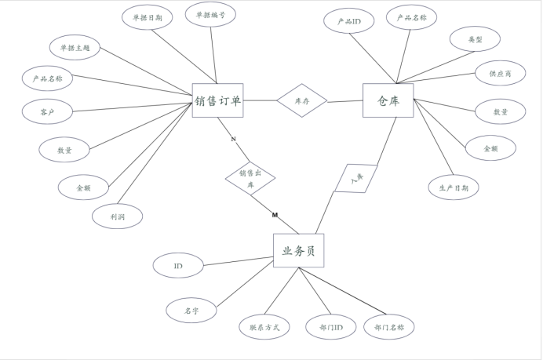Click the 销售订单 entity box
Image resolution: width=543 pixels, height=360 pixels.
pyautogui.click(x=217, y=100)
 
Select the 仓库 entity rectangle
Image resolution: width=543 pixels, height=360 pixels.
pyautogui.click(x=388, y=100)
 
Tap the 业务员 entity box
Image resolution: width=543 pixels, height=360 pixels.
pyautogui.click(x=298, y=251)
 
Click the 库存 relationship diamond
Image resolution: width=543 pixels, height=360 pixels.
pyautogui.click(x=302, y=100)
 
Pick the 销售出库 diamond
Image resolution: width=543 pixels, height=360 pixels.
pyautogui.click(x=250, y=179)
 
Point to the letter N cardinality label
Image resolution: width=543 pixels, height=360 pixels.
pyautogui.click(x=233, y=139)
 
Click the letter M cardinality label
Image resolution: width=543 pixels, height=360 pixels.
pyautogui.click(x=275, y=215)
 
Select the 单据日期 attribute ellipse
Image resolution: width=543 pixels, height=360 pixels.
pyautogui.click(x=148, y=17)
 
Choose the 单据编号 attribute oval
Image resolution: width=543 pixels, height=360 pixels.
pyautogui.click(x=210, y=14)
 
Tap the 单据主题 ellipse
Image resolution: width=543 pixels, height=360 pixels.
pyautogui.click(x=75, y=47)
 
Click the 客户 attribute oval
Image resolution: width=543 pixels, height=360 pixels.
pyautogui.click(x=47, y=111)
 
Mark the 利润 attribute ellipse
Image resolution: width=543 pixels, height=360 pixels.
pyautogui.click(x=118, y=215)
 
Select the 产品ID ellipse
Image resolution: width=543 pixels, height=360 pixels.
pyautogui.click(x=348, y=20)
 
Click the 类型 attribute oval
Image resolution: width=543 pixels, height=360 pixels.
pyautogui.click(x=475, y=38)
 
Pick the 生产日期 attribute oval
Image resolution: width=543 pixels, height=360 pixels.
pyautogui.click(x=454, y=187)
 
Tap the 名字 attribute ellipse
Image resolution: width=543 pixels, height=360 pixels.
pyautogui.click(x=191, y=311)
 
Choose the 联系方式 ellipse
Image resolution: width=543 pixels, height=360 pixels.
pyautogui.click(x=264, y=326)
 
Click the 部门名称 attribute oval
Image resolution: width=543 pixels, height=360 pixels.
pyautogui.click(x=389, y=326)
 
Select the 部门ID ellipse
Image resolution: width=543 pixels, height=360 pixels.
pyautogui.click(x=326, y=326)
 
